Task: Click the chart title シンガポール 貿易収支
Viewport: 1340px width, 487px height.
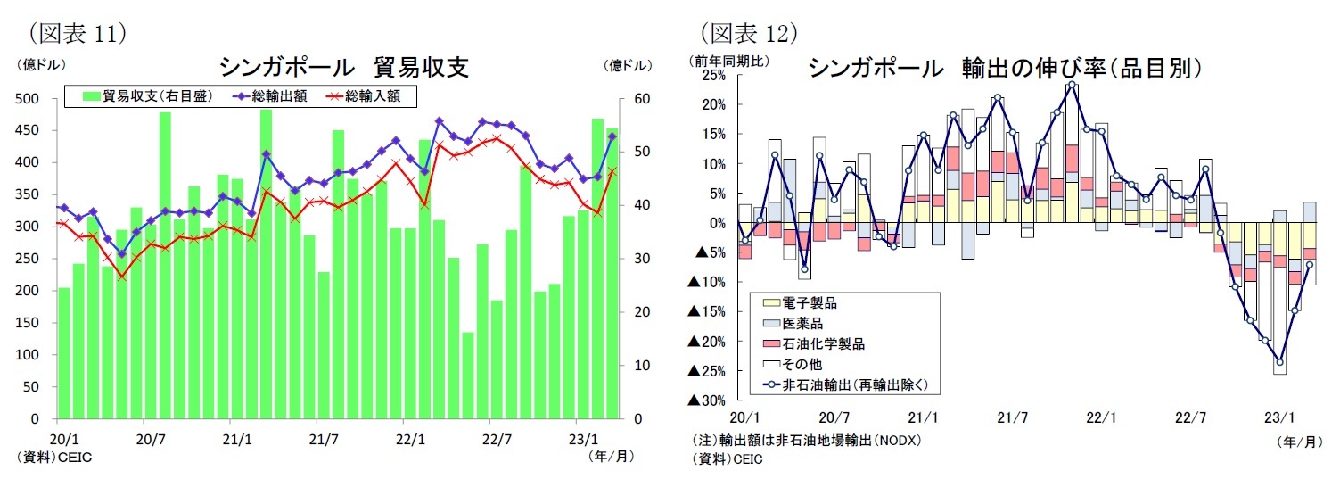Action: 343,69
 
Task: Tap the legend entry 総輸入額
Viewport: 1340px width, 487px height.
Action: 372,96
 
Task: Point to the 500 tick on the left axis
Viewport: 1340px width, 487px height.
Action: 29,98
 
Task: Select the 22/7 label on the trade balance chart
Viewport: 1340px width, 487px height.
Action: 497,439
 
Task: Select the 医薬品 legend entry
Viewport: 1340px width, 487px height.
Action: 803,323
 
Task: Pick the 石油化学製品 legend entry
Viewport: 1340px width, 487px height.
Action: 823,343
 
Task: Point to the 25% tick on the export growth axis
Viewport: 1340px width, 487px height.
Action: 714,75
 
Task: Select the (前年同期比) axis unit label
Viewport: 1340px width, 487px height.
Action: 728,61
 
